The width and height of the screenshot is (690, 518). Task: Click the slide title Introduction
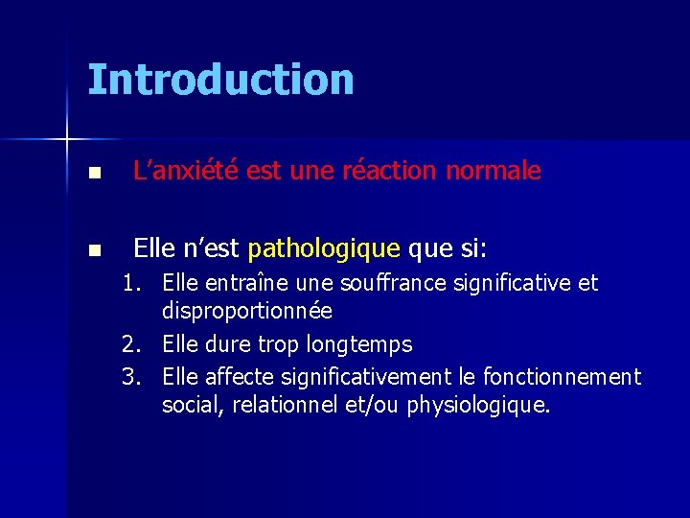[220, 80]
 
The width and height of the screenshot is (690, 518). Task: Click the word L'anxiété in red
[187, 172]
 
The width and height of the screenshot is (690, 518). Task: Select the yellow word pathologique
[324, 249]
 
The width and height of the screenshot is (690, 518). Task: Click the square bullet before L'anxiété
[93, 174]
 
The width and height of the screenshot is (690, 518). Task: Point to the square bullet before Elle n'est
[93, 251]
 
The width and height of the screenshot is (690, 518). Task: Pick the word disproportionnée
[247, 312]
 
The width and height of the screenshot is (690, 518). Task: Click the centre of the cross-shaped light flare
[67, 140]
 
